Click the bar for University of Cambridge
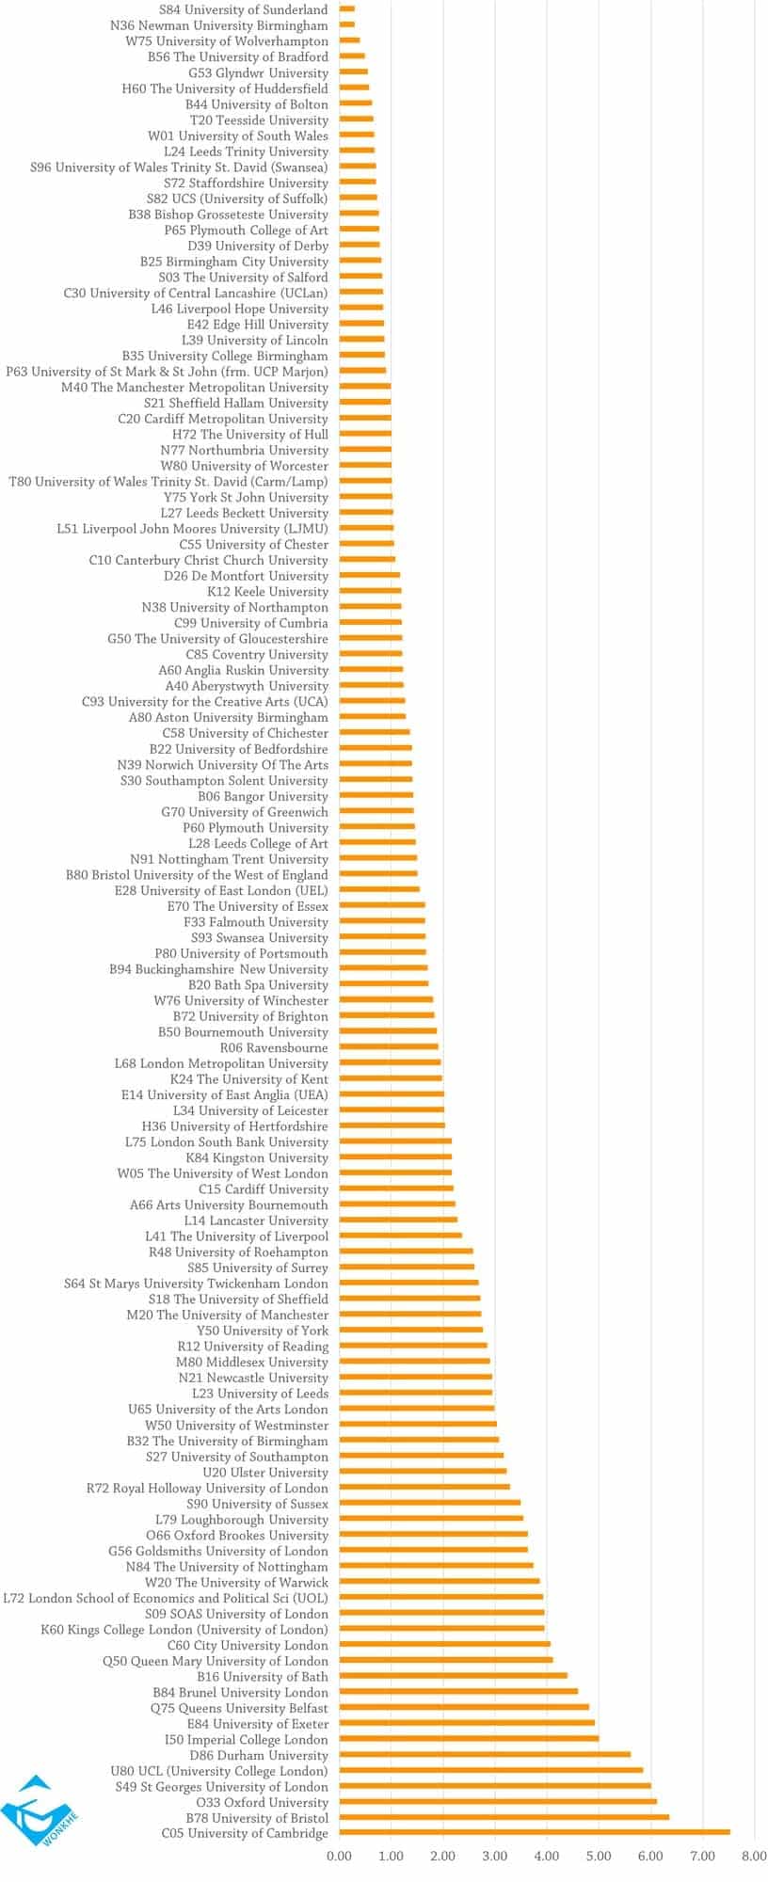point(534,1832)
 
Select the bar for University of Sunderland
point(346,9)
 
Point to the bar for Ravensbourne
point(388,1046)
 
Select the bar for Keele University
point(370,591)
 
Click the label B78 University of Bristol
point(257,1817)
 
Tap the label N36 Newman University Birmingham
point(219,25)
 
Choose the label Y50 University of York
point(263,1330)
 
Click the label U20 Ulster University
point(265,1472)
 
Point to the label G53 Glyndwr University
point(258,72)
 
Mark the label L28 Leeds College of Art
point(258,843)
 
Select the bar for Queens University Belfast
point(463,1707)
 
